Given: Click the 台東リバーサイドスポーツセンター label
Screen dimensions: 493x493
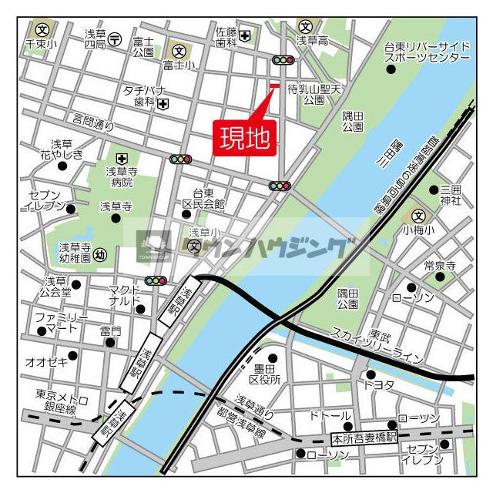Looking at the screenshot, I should [427, 52].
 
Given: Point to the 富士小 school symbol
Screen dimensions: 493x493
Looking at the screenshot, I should [179, 51].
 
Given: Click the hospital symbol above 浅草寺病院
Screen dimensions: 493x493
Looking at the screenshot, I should [121, 158].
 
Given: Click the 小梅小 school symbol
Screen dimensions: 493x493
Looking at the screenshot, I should [418, 217].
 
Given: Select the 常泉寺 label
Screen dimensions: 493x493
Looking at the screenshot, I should [440, 266].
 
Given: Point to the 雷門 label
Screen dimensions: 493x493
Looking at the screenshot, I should [110, 331].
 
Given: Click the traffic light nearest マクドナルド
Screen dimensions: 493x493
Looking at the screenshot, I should [156, 281].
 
